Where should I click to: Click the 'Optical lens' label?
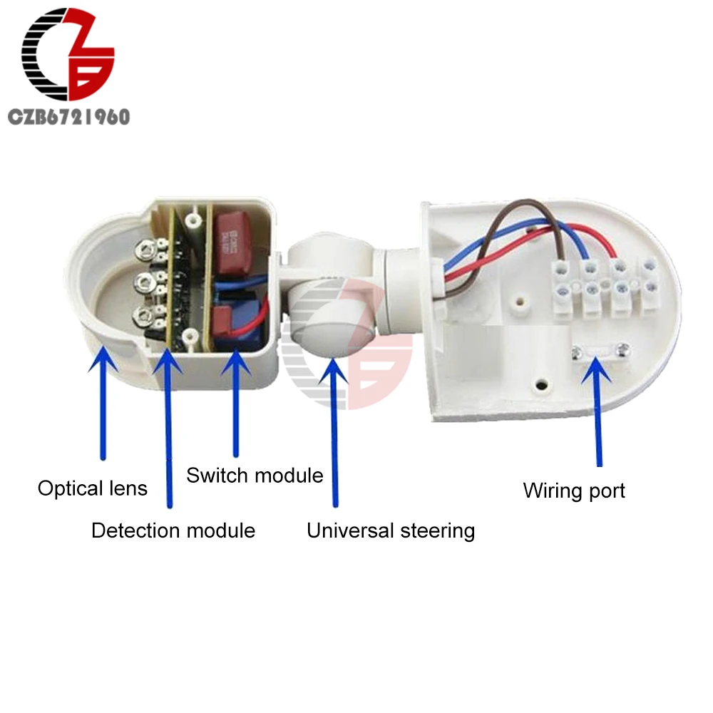click(92, 488)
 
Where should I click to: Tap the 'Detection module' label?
click(173, 530)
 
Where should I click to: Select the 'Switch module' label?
click(255, 476)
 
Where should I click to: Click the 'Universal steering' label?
click(391, 530)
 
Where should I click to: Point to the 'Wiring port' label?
click(574, 491)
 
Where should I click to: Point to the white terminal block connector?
click(606, 289)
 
